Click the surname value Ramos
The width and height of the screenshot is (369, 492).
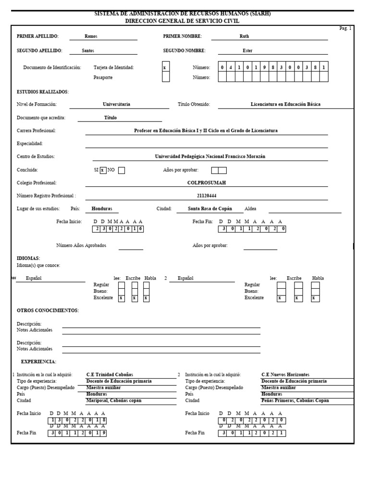point(91,37)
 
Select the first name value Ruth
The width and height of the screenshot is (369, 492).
point(244,37)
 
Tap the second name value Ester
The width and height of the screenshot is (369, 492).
point(247,51)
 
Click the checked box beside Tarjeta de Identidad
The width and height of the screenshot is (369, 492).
point(165,68)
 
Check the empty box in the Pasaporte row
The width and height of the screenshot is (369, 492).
point(165,77)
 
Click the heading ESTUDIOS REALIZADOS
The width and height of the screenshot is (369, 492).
point(42,92)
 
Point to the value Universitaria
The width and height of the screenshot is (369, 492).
point(116,104)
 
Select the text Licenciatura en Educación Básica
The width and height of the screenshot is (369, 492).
point(285,104)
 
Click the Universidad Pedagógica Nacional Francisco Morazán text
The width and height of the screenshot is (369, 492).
point(210,157)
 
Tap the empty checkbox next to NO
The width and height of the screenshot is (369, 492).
point(122,170)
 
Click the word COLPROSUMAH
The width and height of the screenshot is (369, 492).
point(206,183)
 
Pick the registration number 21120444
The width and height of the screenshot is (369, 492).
point(207,196)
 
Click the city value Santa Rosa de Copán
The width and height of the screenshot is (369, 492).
point(209,209)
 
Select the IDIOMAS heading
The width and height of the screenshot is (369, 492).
point(28,258)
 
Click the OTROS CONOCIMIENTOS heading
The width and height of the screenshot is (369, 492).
point(48,311)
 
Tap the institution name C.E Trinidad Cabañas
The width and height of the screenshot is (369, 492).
point(110,375)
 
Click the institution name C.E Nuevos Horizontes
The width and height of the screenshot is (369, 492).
point(285,375)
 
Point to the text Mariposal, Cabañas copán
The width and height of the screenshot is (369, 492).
point(114,401)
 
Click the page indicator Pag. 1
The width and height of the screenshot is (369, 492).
point(345,28)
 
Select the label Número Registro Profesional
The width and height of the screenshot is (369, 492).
point(46,196)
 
